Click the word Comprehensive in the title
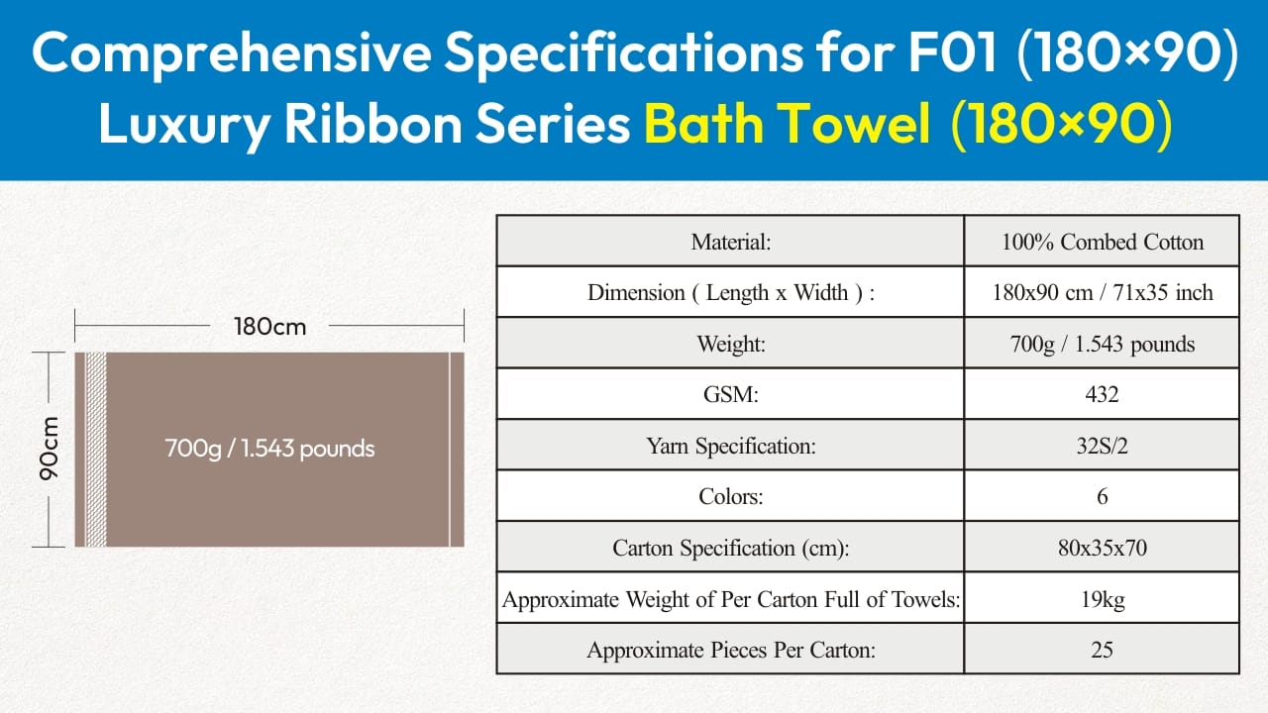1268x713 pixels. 232,53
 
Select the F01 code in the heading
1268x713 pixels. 953,52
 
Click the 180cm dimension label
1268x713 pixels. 270,327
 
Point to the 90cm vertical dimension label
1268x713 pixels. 50,449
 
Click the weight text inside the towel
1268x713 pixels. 269,449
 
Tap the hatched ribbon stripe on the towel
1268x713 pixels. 96,450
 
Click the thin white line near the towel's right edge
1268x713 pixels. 450,450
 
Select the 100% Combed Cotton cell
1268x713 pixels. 1103,242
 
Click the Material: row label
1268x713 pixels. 731,242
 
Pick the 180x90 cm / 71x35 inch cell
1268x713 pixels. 1103,292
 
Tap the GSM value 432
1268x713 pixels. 1103,394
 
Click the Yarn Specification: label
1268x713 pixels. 731,446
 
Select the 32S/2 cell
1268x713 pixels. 1103,446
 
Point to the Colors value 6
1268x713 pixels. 1103,496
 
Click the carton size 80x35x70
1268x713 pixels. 1103,548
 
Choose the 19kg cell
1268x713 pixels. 1103,599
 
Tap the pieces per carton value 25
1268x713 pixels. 1103,650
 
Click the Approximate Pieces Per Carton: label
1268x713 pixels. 731,650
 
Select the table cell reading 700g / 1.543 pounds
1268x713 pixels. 1103,344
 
